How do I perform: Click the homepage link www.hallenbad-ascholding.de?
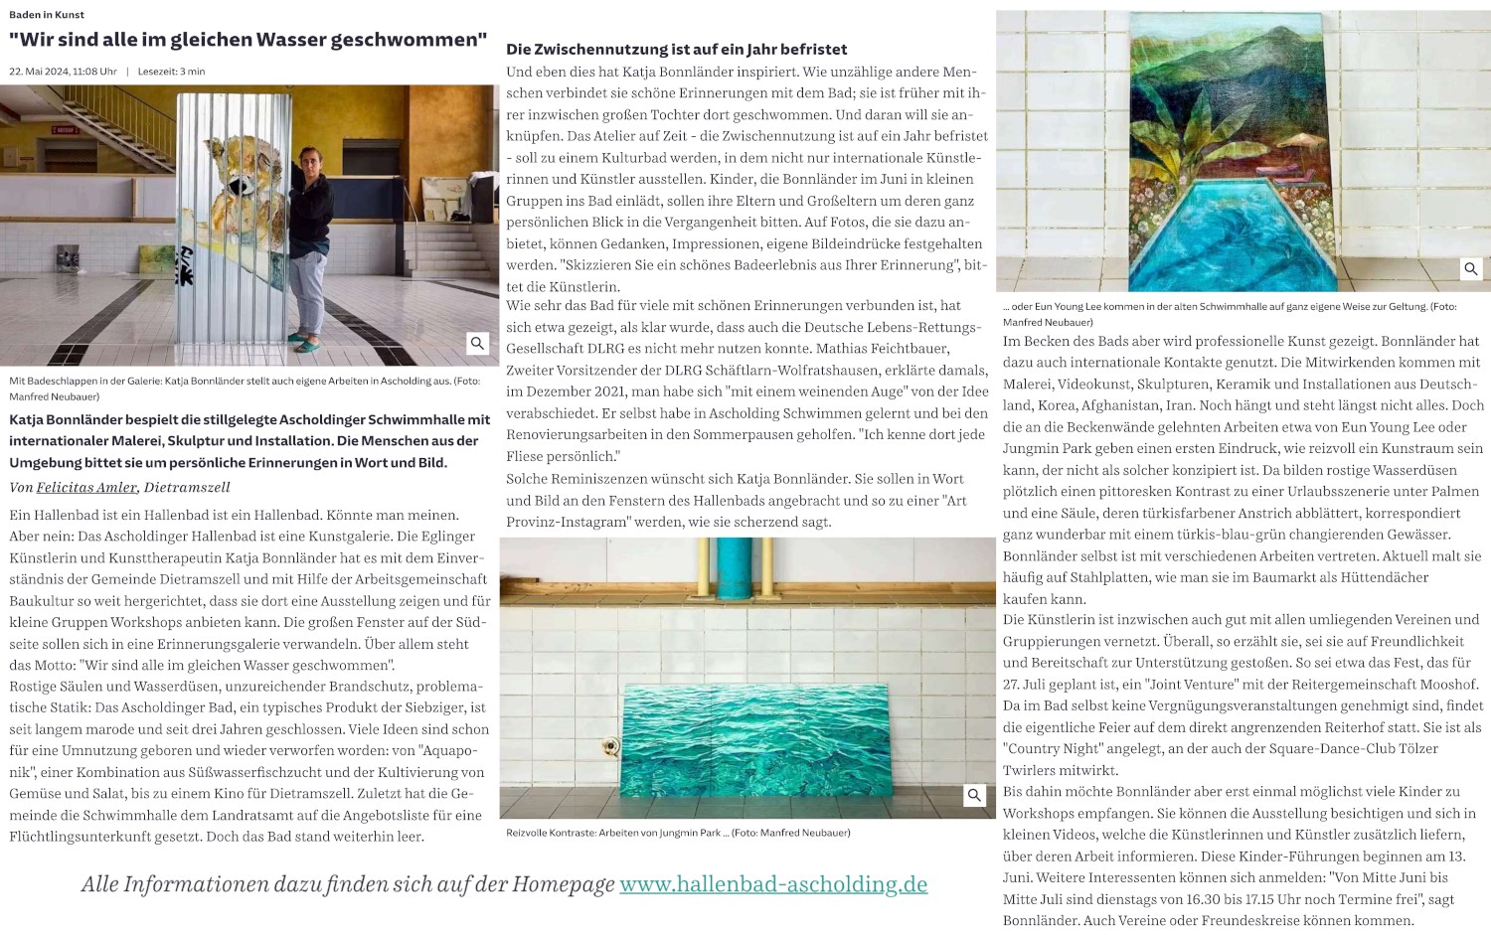[x=772, y=884]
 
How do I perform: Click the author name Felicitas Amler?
[x=86, y=487]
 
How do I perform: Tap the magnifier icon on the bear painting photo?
[x=477, y=343]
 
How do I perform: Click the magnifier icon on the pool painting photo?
[x=1470, y=268]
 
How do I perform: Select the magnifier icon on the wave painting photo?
[x=974, y=795]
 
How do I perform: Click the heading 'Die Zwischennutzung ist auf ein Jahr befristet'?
[x=676, y=49]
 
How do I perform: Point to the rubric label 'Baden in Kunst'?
[x=47, y=15]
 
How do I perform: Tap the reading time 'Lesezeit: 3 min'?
[x=171, y=72]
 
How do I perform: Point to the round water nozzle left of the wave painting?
[x=611, y=746]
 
